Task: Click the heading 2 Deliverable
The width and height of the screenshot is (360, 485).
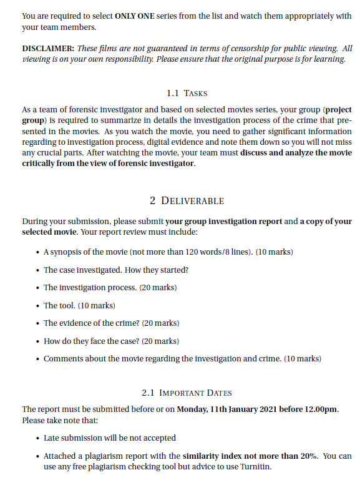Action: pos(187,201)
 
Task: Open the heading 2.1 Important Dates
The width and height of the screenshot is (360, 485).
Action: pos(187,393)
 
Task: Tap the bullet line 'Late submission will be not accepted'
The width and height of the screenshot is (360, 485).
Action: pos(109,438)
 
